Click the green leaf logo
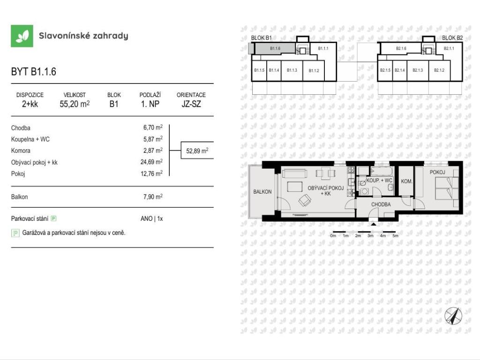coord(22,36)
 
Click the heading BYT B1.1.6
coord(34,72)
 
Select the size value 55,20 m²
coord(75,104)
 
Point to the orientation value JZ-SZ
coord(191,104)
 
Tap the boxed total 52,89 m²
coord(197,150)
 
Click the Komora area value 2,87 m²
coord(153,150)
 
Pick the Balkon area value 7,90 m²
coord(153,197)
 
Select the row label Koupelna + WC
coord(30,139)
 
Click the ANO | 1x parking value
coord(152,218)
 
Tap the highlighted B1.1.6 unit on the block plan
coord(275,48)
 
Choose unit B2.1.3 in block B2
coord(418,70)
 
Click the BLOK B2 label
coord(452,38)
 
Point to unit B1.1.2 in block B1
coord(314,70)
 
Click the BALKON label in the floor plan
coord(262,192)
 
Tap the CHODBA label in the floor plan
coord(381,204)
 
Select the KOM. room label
coord(406,181)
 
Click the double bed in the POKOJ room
coord(447,188)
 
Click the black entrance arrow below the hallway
coord(374,224)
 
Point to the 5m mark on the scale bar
coord(395,236)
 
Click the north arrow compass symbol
coord(453,316)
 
